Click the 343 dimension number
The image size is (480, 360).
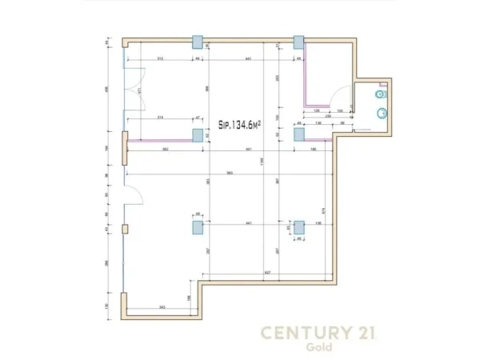click(162, 307)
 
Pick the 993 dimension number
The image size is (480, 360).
click(230, 172)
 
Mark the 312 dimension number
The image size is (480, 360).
click(160, 60)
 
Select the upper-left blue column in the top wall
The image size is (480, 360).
click(197, 42)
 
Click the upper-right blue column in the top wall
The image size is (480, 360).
click(299, 42)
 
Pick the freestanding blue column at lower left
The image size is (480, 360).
click(197, 227)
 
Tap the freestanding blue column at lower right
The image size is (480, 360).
click(299, 227)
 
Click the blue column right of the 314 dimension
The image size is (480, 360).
click(197, 134)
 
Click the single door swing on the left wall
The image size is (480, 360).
click(134, 194)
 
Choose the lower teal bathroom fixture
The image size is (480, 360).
click(382, 112)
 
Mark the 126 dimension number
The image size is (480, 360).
click(316, 110)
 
